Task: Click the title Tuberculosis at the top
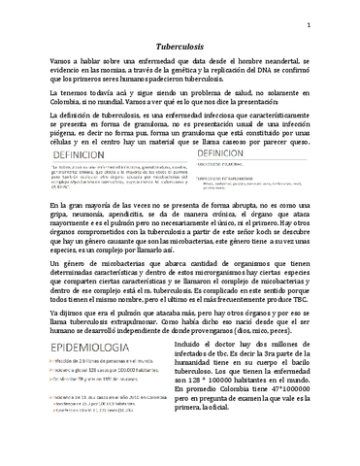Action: pyautogui.click(x=180, y=45)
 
